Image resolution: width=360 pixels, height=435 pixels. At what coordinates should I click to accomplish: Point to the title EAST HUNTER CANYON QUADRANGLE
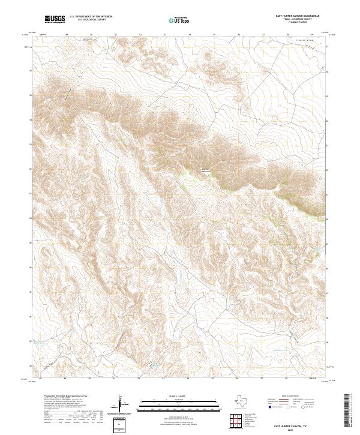point(297,16)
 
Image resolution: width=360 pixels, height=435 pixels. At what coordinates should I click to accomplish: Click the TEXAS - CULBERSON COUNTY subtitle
point(297,19)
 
